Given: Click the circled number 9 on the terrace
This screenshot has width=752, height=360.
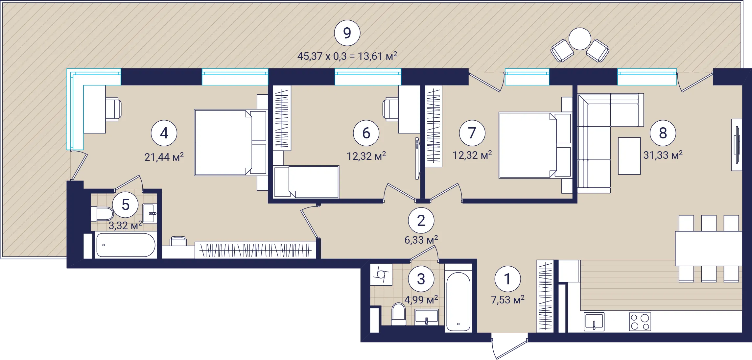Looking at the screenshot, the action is click(347, 33).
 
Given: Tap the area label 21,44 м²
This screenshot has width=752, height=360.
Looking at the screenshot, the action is click(164, 157).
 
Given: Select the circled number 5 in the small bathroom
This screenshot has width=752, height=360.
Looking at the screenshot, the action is click(125, 205).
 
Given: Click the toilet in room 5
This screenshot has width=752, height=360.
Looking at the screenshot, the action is click(102, 214).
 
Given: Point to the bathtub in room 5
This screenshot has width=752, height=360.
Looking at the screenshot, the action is click(126, 245).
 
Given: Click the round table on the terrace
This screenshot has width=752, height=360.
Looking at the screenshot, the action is click(580, 39).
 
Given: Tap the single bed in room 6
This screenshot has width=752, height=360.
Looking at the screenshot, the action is click(306, 182).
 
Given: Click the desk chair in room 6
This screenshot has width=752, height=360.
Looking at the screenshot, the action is click(391, 109).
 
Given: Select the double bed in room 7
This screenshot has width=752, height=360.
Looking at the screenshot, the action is click(535, 145).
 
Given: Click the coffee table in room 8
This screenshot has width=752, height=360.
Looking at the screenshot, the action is click(629, 156).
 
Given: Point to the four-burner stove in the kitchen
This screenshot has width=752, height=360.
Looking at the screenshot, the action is click(640, 322).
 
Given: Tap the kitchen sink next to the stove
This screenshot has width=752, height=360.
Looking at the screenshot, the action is click(594, 322).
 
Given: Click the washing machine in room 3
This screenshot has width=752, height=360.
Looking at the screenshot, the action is click(381, 274).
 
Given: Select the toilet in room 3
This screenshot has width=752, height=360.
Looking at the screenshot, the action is click(399, 314).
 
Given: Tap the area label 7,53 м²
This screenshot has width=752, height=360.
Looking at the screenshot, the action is click(507, 300).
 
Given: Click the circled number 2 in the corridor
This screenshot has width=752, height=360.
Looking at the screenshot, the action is click(421, 221).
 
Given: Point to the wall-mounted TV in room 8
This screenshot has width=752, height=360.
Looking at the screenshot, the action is click(737, 145).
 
